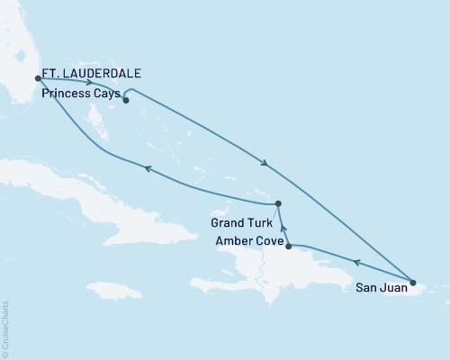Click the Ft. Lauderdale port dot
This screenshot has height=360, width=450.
pos(37,78)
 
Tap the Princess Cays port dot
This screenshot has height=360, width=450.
pos(126,100)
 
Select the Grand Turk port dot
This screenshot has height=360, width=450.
pos(278,203)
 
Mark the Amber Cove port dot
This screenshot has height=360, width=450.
pos(288,245)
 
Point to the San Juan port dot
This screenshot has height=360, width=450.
pos(413,282)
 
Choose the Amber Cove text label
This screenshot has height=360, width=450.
pos(248,239)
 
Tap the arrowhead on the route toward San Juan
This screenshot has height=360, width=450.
pos(264,164)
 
